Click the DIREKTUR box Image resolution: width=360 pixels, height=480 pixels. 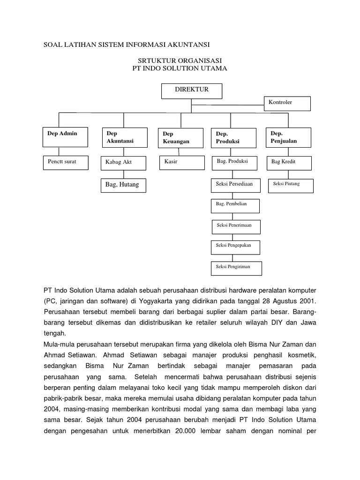click(192, 91)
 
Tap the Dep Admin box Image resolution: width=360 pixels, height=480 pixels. click(65, 136)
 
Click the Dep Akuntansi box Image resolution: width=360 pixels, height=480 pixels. click(123, 137)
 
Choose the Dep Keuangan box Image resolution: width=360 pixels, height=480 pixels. click(180, 137)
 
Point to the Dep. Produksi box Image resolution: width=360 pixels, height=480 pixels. click(233, 137)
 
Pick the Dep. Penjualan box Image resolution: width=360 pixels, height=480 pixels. click(288, 137)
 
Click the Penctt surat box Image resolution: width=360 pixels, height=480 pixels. click(65, 162)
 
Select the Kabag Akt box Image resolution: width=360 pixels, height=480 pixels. click(123, 163)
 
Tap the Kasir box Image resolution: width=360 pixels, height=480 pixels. click(182, 162)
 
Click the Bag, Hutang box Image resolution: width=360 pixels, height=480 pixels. click(124, 185)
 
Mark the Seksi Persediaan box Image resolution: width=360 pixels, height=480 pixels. click(234, 184)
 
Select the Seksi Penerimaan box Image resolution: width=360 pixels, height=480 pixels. click(236, 226)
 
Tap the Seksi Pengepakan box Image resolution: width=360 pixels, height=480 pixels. click(235, 247)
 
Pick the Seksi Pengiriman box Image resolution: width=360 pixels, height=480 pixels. click(236, 268)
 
